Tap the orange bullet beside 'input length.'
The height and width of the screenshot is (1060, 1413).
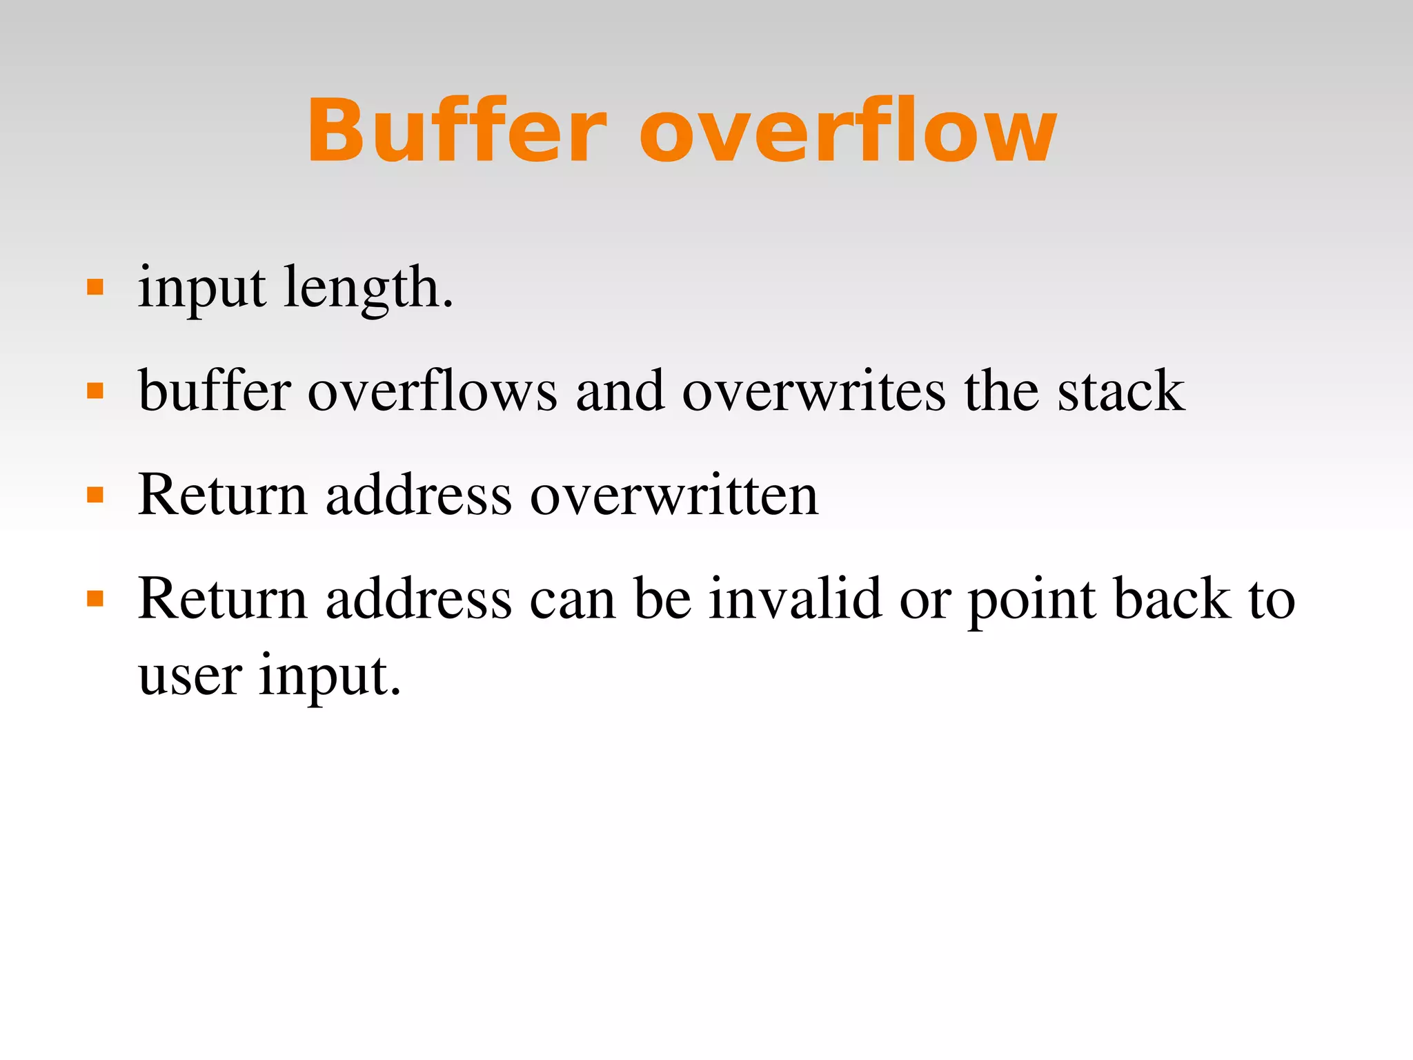coord(95,287)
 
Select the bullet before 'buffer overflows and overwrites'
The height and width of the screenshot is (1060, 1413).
coord(95,391)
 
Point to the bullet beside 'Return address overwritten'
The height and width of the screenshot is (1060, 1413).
coord(95,495)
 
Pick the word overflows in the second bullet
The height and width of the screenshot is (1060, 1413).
coord(432,391)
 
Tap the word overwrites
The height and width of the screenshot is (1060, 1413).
coord(814,391)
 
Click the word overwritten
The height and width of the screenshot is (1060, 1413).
coord(674,495)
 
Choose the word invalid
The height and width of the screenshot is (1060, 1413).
coord(796,598)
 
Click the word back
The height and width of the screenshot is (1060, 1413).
coord(1172,598)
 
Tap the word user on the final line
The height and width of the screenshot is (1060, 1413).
coord(190,676)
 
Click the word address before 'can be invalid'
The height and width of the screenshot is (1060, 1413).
coord(419,598)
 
